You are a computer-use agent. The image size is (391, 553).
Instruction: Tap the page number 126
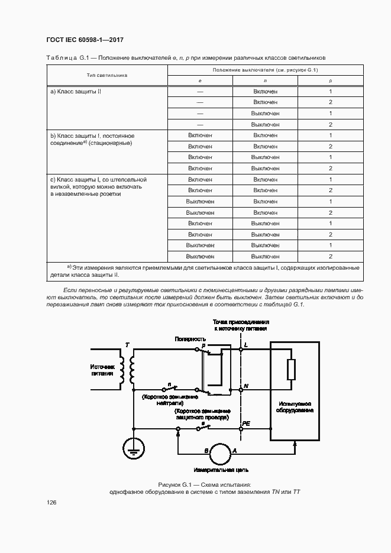pyautogui.click(x=51, y=502)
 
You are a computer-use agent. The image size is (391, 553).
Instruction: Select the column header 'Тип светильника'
pyautogui.click(x=107, y=75)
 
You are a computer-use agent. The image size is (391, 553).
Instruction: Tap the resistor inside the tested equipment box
pyautogui.click(x=290, y=370)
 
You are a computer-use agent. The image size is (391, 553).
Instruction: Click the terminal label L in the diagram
pyautogui.click(x=245, y=344)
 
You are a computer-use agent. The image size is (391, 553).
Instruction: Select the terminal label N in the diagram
pyautogui.click(x=246, y=386)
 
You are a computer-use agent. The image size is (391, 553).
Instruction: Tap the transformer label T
pyautogui.click(x=125, y=345)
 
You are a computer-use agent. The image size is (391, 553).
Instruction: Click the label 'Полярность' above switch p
pyautogui.click(x=190, y=339)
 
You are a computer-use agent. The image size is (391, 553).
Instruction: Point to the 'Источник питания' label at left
pyautogui.click(x=101, y=370)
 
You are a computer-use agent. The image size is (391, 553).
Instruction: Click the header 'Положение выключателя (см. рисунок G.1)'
pyautogui.click(x=265, y=70)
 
